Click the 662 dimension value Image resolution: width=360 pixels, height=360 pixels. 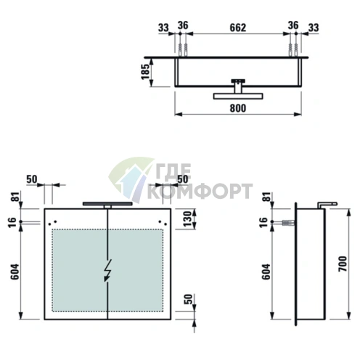(x=237, y=28)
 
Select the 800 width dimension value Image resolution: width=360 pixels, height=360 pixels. (x=237, y=108)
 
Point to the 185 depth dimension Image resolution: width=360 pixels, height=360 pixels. (x=145, y=72)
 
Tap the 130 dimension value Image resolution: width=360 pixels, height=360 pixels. (x=187, y=219)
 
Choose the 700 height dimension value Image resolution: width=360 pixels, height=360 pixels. (x=342, y=263)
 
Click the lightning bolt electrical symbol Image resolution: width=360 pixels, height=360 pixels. (x=107, y=271)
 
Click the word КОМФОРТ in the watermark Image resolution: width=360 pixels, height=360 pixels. (x=200, y=192)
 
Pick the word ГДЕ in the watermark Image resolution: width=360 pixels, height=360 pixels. (x=173, y=171)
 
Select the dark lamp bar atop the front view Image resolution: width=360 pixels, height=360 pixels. (x=107, y=204)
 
